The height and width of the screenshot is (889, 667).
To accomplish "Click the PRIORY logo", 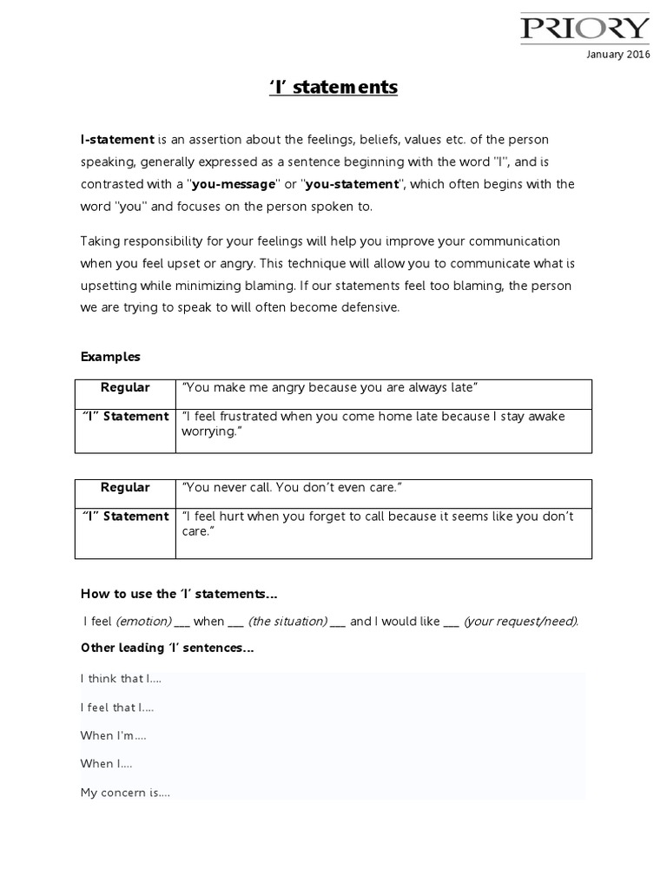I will pyautogui.click(x=584, y=29).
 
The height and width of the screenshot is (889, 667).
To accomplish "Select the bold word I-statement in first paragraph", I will pyautogui.click(x=117, y=140).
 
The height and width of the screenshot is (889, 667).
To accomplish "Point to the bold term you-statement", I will pyautogui.click(x=351, y=184).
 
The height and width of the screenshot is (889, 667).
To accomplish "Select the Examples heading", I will pyautogui.click(x=110, y=357).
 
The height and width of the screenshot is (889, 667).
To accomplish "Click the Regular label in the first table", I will pyautogui.click(x=125, y=387).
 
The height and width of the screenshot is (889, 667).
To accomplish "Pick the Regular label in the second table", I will pyautogui.click(x=125, y=488).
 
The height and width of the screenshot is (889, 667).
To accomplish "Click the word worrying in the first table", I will pyautogui.click(x=209, y=431).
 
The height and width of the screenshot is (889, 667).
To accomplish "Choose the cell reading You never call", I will pyautogui.click(x=291, y=488).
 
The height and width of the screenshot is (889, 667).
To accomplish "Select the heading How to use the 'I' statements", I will pyautogui.click(x=180, y=595).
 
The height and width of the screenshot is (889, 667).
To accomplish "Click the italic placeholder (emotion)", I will pyautogui.click(x=143, y=622).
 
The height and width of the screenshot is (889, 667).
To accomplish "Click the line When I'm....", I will pyautogui.click(x=113, y=735).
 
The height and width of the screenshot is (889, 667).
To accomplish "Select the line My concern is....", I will pyautogui.click(x=125, y=792).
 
